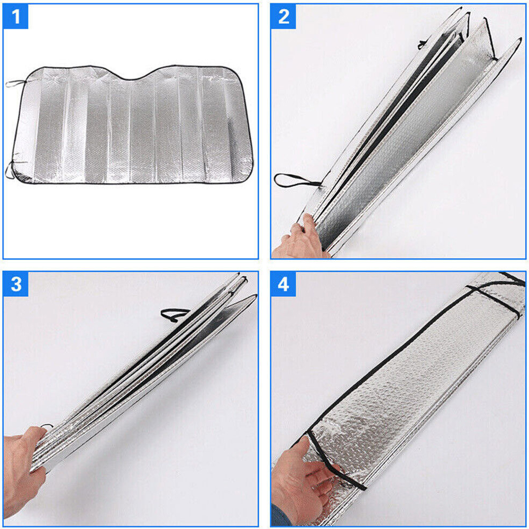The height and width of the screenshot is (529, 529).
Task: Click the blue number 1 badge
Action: pos(15,16)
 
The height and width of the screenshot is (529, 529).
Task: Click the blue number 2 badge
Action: pos(284,16)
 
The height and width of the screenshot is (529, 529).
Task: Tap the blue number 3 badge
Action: pos(15,284)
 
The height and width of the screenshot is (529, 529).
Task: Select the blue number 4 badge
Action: pos(284,284)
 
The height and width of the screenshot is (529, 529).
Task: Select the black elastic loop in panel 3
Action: pos(174,314)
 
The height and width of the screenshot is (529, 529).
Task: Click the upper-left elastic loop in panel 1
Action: pos(16,83)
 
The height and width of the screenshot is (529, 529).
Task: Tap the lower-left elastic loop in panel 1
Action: pos(10,170)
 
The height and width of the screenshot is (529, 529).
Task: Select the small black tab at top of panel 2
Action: pos(423,44)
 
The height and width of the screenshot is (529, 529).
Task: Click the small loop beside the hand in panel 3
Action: pos(47,426)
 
